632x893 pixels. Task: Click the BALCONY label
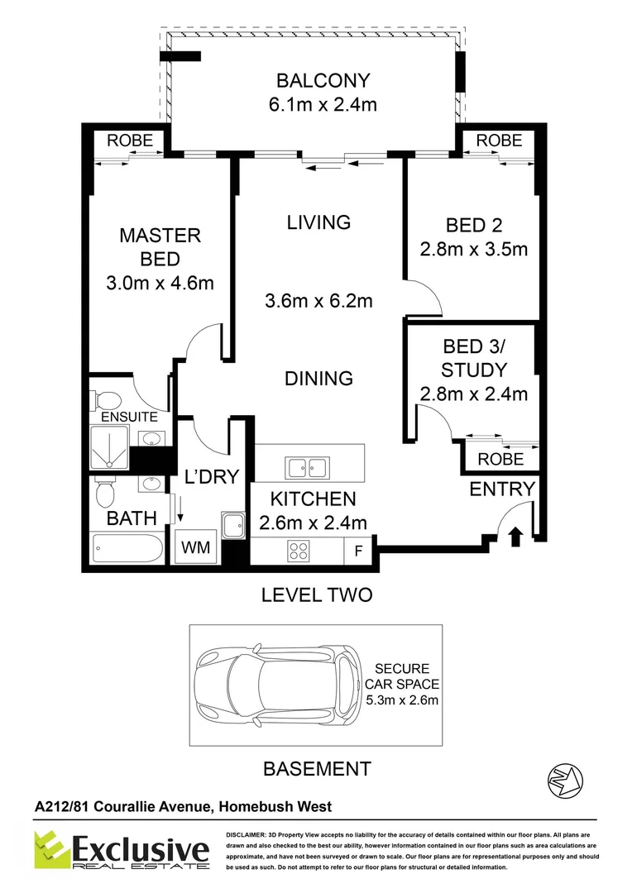323,80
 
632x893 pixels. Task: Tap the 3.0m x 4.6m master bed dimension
160,283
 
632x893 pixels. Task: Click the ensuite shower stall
109,446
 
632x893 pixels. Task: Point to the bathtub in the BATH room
127,549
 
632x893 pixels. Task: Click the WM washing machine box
195,547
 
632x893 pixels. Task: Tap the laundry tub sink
233,525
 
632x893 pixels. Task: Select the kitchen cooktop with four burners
299,551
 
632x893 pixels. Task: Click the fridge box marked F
358,550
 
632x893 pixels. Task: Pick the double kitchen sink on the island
308,468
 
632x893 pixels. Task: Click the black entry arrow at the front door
515,537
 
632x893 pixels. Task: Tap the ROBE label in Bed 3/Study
500,459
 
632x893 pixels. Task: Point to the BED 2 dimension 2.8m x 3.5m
474,249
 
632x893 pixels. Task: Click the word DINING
318,378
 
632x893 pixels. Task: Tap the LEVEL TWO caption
317,595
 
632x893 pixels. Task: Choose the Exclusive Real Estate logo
122,850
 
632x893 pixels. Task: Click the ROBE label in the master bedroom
130,140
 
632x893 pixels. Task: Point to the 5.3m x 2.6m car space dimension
402,700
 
